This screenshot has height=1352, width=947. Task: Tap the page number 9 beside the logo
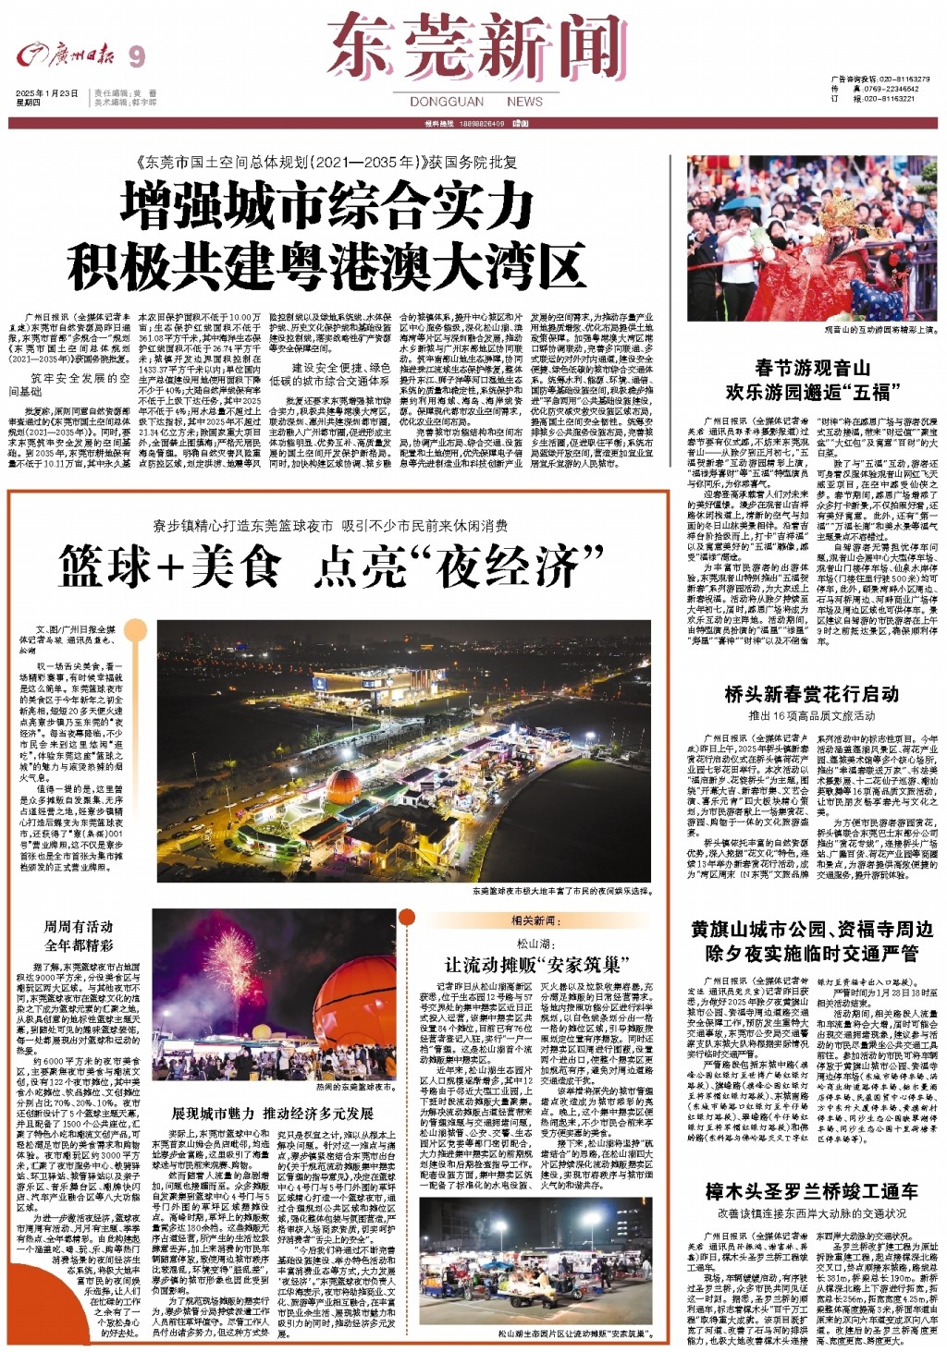(x=137, y=57)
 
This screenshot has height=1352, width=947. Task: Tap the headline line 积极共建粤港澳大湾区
(x=327, y=266)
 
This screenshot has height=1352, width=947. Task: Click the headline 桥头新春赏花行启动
(x=812, y=693)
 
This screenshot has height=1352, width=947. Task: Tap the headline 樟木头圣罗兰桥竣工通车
(x=812, y=1191)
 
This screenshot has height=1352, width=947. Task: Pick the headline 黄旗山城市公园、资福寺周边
(x=812, y=929)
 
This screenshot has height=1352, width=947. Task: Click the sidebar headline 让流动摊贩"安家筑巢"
(x=535, y=965)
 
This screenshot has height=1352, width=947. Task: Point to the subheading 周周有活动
(x=79, y=926)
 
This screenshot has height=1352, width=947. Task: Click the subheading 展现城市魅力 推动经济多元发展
(x=273, y=1113)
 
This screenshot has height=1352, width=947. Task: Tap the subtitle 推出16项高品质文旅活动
(x=812, y=715)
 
